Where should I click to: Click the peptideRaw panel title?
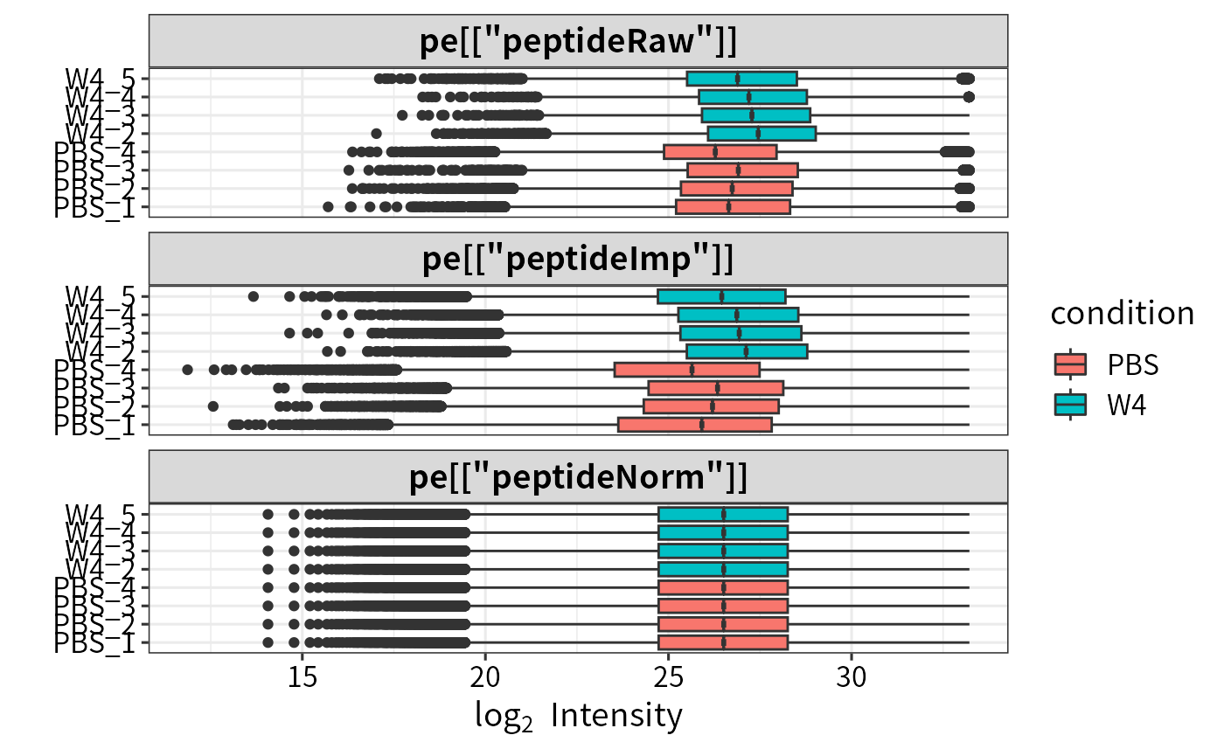pyautogui.click(x=578, y=41)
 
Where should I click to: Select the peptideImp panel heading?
pyautogui.click(x=578, y=260)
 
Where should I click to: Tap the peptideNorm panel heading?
pyautogui.click(x=578, y=478)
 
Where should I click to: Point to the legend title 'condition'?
pyautogui.click(x=1122, y=313)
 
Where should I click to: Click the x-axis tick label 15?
pyautogui.click(x=302, y=678)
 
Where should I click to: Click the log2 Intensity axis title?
pyautogui.click(x=578, y=717)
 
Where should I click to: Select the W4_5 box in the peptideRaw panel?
pyautogui.click(x=741, y=79)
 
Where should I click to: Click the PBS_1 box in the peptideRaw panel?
pyautogui.click(x=733, y=207)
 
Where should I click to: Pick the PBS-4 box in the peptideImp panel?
pyautogui.click(x=687, y=370)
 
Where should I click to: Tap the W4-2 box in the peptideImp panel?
pyautogui.click(x=747, y=351)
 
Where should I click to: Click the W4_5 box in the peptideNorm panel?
pyautogui.click(x=723, y=514)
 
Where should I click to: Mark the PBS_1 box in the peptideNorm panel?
pyautogui.click(x=723, y=642)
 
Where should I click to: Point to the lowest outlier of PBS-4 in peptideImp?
pyautogui.click(x=187, y=370)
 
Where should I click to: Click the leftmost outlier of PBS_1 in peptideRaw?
pyautogui.click(x=328, y=207)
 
